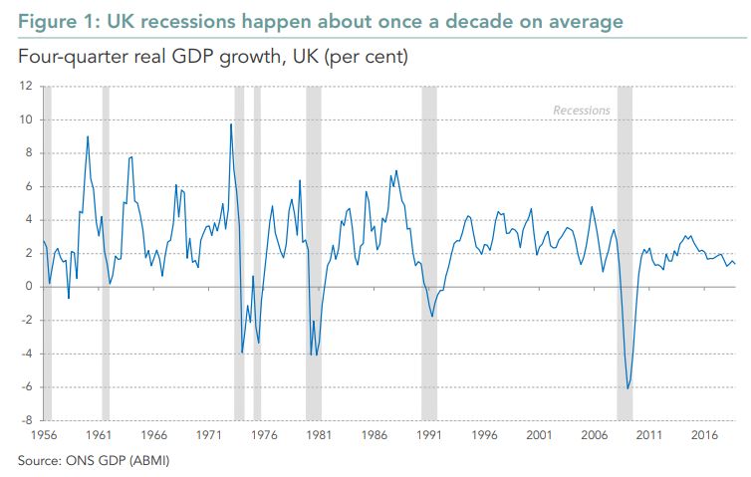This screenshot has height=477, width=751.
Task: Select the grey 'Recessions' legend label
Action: click(x=582, y=111)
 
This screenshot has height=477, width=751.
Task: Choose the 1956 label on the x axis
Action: click(x=44, y=435)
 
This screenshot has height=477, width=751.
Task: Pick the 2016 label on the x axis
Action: click(x=704, y=435)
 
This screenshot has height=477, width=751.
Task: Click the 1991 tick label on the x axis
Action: click(x=429, y=435)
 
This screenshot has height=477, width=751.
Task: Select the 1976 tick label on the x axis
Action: click(x=264, y=435)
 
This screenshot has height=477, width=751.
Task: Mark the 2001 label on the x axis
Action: click(x=539, y=435)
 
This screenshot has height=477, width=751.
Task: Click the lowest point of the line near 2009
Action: click(x=627, y=388)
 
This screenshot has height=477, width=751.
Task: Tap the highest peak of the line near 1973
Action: click(x=231, y=124)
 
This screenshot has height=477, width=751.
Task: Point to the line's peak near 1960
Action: click(x=88, y=136)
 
